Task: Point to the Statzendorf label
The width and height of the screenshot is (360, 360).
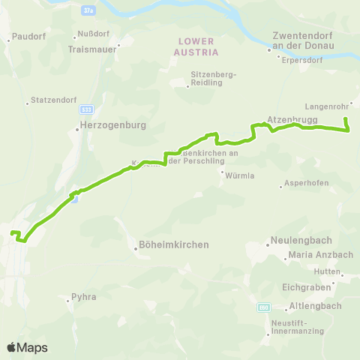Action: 50,100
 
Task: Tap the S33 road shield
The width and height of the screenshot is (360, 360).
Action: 88,109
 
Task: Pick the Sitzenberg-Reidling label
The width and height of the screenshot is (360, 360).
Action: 214,79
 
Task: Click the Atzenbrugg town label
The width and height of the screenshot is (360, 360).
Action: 292,119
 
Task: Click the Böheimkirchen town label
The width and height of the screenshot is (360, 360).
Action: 173,244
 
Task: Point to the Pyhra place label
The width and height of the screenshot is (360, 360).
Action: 84,297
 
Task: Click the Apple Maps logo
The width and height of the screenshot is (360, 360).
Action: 26,347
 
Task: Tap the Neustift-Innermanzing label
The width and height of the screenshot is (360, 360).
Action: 298,326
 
